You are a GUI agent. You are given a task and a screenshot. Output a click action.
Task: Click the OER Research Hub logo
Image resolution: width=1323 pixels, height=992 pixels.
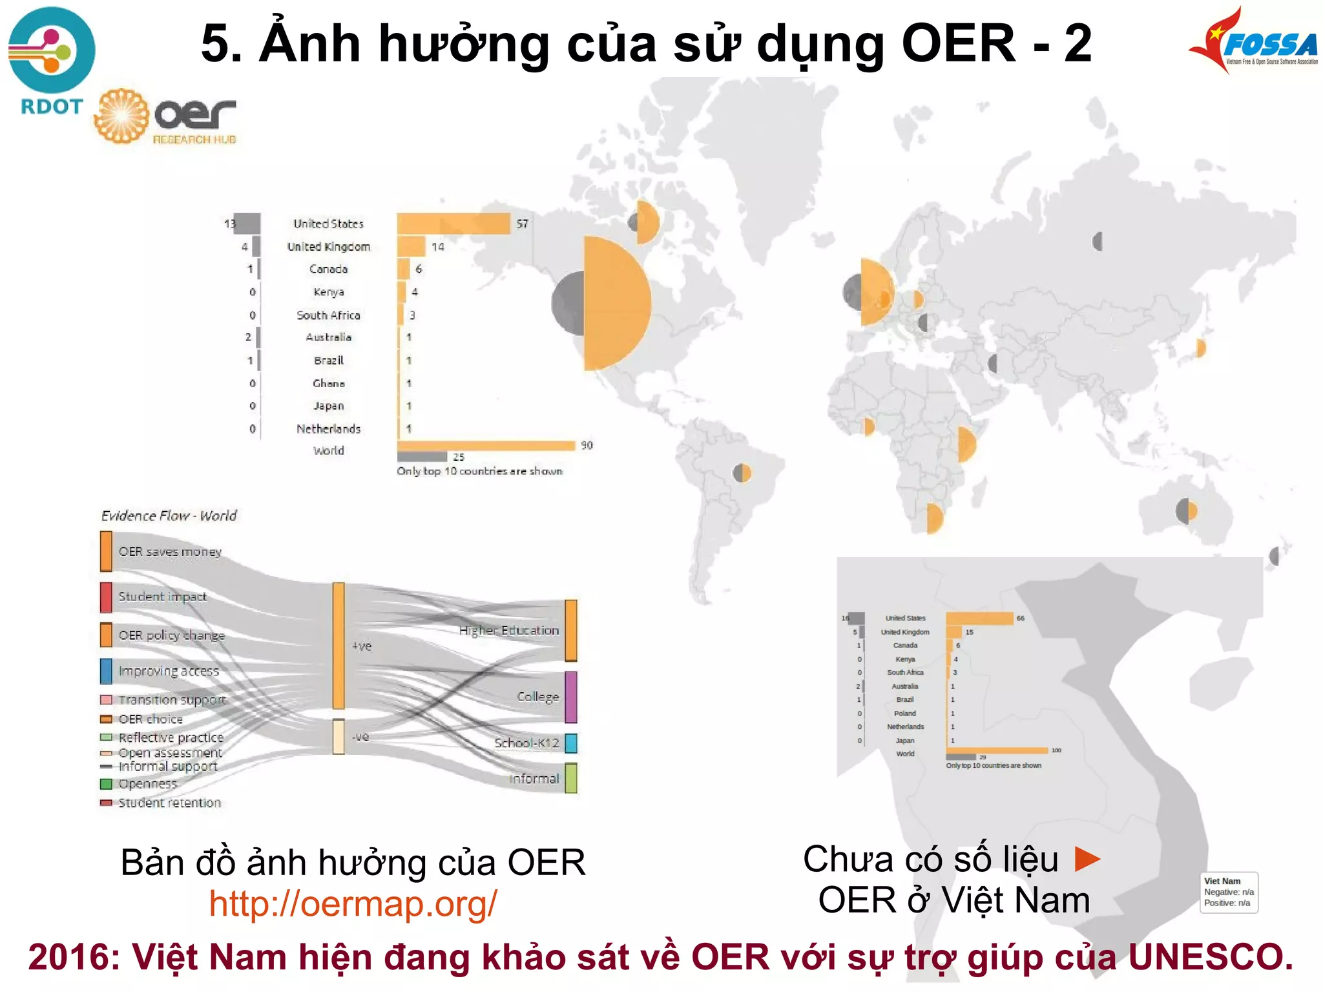pyautogui.click(x=166, y=117)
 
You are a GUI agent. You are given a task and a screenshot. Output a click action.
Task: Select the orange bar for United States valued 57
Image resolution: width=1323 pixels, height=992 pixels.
pyautogui.click(x=453, y=224)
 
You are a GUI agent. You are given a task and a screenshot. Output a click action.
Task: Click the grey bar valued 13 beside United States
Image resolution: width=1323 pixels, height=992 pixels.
pyautogui.click(x=247, y=224)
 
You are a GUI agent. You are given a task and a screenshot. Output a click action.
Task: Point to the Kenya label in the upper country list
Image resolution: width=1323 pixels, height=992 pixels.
pyautogui.click(x=328, y=292)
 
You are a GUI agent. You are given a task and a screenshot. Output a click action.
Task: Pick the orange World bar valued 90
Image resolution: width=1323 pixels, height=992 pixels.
pyautogui.click(x=486, y=445)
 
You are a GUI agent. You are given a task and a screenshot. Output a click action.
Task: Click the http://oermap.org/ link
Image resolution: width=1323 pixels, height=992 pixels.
pyautogui.click(x=353, y=903)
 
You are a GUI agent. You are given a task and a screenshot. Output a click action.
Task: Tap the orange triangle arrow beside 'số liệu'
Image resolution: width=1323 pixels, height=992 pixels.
pyautogui.click(x=1087, y=859)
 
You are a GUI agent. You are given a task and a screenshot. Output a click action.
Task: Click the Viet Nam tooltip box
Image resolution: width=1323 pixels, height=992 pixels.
pyautogui.click(x=1229, y=892)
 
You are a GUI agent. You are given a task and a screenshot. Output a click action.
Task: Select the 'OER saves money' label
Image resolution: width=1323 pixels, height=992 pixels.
pyautogui.click(x=170, y=552)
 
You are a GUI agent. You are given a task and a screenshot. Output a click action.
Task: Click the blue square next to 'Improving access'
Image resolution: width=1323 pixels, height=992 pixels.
pyautogui.click(x=106, y=671)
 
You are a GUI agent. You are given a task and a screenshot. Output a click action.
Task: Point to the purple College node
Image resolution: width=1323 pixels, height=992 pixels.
pyautogui.click(x=570, y=697)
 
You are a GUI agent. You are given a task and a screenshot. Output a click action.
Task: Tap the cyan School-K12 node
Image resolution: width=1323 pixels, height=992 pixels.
pyautogui.click(x=570, y=743)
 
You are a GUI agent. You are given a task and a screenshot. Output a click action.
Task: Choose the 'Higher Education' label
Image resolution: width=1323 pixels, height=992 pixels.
pyautogui.click(x=509, y=630)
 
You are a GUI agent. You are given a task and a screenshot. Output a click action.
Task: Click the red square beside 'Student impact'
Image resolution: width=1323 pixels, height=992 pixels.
pyautogui.click(x=106, y=597)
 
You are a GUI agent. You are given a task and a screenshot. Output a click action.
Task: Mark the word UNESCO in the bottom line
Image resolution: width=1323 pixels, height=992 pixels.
pyautogui.click(x=1211, y=957)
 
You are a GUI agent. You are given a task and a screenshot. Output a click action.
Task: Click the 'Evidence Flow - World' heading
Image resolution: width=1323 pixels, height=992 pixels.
pyautogui.click(x=169, y=516)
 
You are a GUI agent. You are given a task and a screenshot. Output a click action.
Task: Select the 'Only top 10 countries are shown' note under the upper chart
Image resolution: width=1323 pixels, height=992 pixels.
pyautogui.click(x=479, y=471)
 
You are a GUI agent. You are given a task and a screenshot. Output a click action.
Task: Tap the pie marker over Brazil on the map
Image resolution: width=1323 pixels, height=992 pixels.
pyautogui.click(x=742, y=473)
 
